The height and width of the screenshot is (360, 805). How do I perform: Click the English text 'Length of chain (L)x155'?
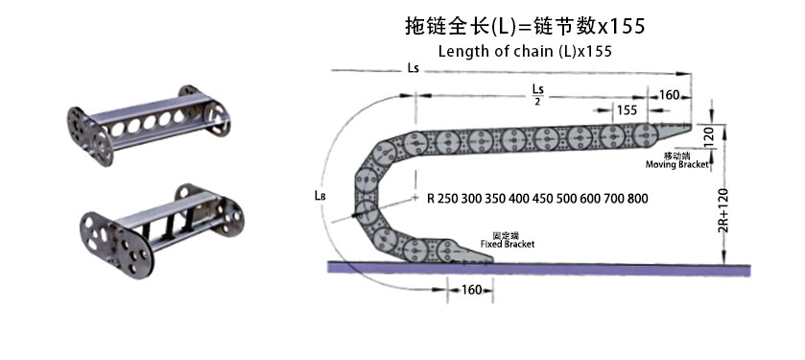(525, 51)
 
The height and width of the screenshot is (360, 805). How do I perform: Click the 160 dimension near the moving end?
(670, 94)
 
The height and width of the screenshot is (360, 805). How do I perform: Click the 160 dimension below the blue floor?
(471, 290)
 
